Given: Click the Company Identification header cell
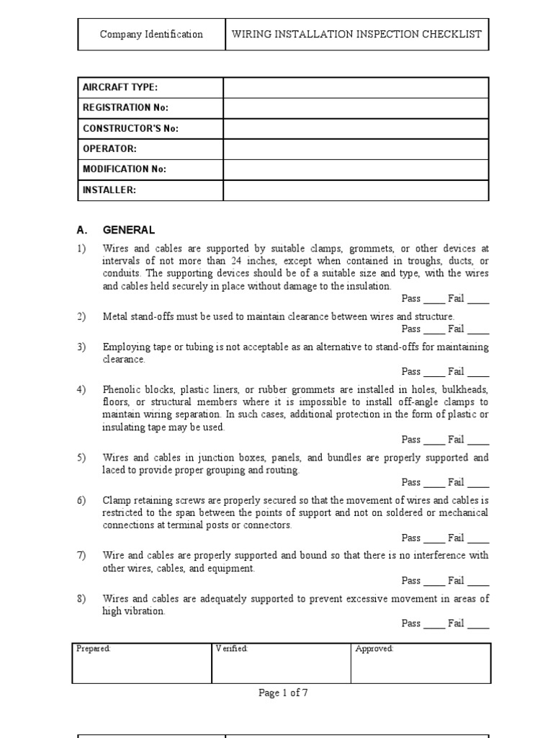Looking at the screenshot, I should (x=151, y=35).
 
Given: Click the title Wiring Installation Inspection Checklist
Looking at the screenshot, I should (x=356, y=35).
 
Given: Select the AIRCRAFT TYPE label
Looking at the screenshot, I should (x=120, y=87).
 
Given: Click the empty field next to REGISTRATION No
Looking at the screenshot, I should (x=356, y=108).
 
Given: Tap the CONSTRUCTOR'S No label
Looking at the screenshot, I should (x=130, y=128).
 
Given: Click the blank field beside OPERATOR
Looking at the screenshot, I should (x=356, y=149).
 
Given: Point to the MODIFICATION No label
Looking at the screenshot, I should (x=125, y=169).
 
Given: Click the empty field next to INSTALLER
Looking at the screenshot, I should (x=356, y=190).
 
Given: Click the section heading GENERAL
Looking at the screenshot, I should (x=129, y=231).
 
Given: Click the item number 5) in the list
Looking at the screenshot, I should (x=82, y=458).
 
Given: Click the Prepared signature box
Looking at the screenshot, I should (x=142, y=663).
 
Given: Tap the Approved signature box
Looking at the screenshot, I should (x=421, y=663).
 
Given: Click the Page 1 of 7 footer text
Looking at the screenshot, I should (x=283, y=693).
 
